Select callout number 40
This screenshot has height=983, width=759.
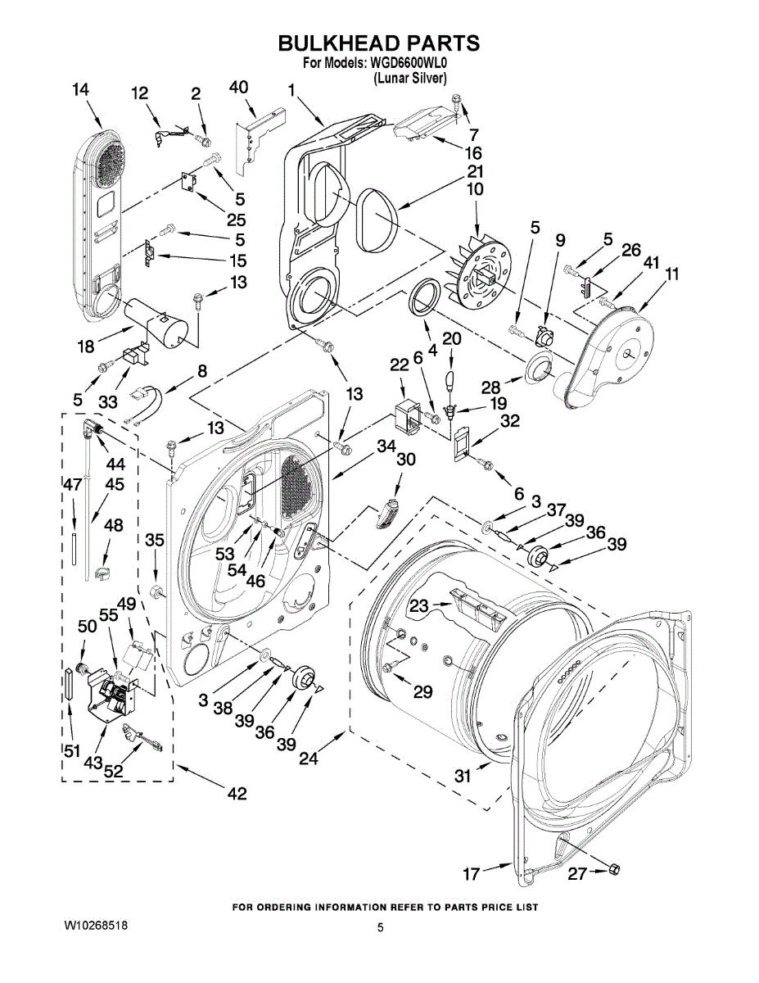pyautogui.click(x=238, y=88)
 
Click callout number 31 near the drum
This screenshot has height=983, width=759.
pyautogui.click(x=463, y=775)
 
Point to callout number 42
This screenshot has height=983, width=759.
pyautogui.click(x=237, y=793)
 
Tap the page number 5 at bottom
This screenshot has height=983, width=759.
pyautogui.click(x=381, y=928)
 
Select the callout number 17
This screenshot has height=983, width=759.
pyautogui.click(x=471, y=874)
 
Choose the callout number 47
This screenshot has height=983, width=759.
pyautogui.click(x=72, y=484)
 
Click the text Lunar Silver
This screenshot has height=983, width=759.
pyautogui.click(x=410, y=79)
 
